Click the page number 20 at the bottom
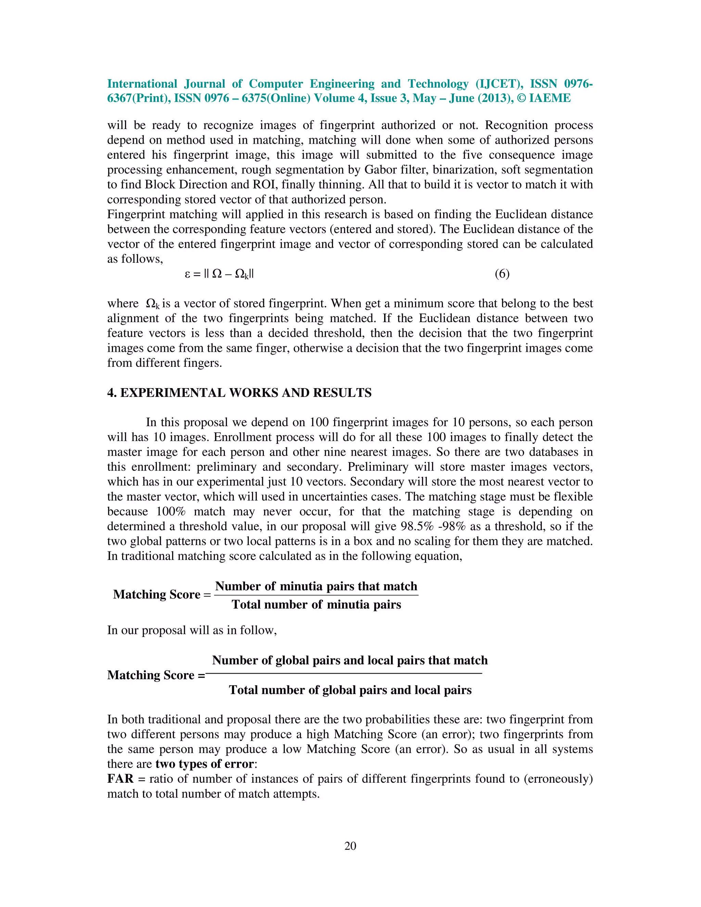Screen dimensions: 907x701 350,846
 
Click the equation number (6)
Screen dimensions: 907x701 502,274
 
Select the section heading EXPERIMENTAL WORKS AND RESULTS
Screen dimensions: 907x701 245,393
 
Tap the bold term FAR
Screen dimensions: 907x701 120,779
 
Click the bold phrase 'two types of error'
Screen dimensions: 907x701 205,764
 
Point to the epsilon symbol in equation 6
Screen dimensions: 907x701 187,274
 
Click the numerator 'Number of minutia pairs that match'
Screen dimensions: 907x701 316,586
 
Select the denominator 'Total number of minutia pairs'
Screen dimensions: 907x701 316,604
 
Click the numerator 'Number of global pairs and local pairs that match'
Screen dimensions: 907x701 350,660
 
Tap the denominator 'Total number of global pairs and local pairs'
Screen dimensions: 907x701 350,690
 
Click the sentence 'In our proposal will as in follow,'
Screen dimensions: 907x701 192,630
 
